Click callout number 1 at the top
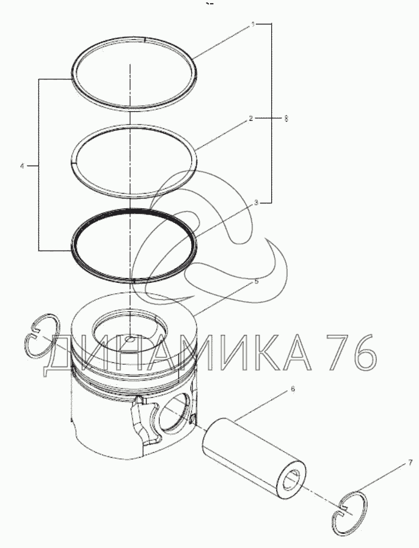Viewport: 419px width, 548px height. (x=253, y=24)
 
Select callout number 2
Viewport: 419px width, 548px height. (x=250, y=119)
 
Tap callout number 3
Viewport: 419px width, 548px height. (x=256, y=202)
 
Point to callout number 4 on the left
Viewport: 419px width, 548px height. (x=22, y=166)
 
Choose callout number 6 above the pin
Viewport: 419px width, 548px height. (x=293, y=389)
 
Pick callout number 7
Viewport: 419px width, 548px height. (x=410, y=464)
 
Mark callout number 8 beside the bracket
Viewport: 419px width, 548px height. (x=286, y=119)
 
